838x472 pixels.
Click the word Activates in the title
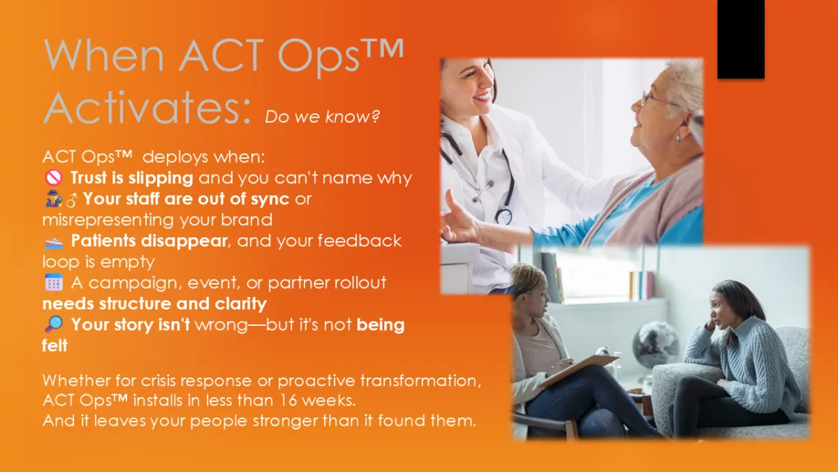[147, 108]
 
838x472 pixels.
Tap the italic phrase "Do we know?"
[322, 117]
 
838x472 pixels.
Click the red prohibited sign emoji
[54, 177]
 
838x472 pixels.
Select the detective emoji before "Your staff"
[54, 199]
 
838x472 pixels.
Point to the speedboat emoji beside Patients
[54, 243]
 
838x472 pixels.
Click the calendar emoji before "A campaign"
[54, 282]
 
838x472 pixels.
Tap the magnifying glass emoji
[54, 324]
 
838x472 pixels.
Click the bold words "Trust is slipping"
[132, 178]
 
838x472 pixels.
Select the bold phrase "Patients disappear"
[149, 241]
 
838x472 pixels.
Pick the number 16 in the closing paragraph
[288, 401]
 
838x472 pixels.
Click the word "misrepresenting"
[108, 220]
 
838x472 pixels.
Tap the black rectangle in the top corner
[741, 39]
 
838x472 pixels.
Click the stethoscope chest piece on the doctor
[503, 216]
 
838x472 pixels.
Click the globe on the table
[655, 345]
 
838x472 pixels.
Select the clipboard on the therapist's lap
[578, 369]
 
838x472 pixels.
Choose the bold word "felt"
[54, 345]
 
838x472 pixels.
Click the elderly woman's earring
[678, 138]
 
